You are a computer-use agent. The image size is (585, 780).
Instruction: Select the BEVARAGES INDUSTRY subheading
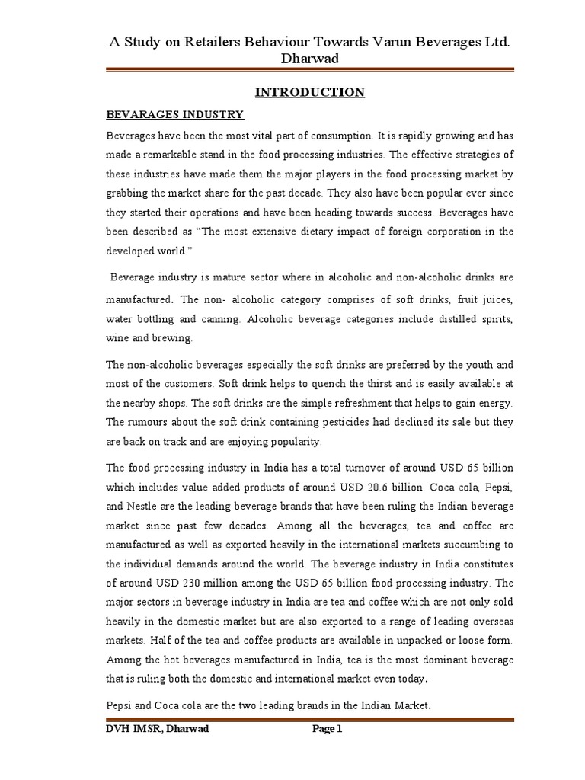click(174, 114)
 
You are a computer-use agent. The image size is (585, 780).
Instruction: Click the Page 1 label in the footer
click(328, 729)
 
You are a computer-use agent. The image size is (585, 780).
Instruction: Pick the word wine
click(118, 337)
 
